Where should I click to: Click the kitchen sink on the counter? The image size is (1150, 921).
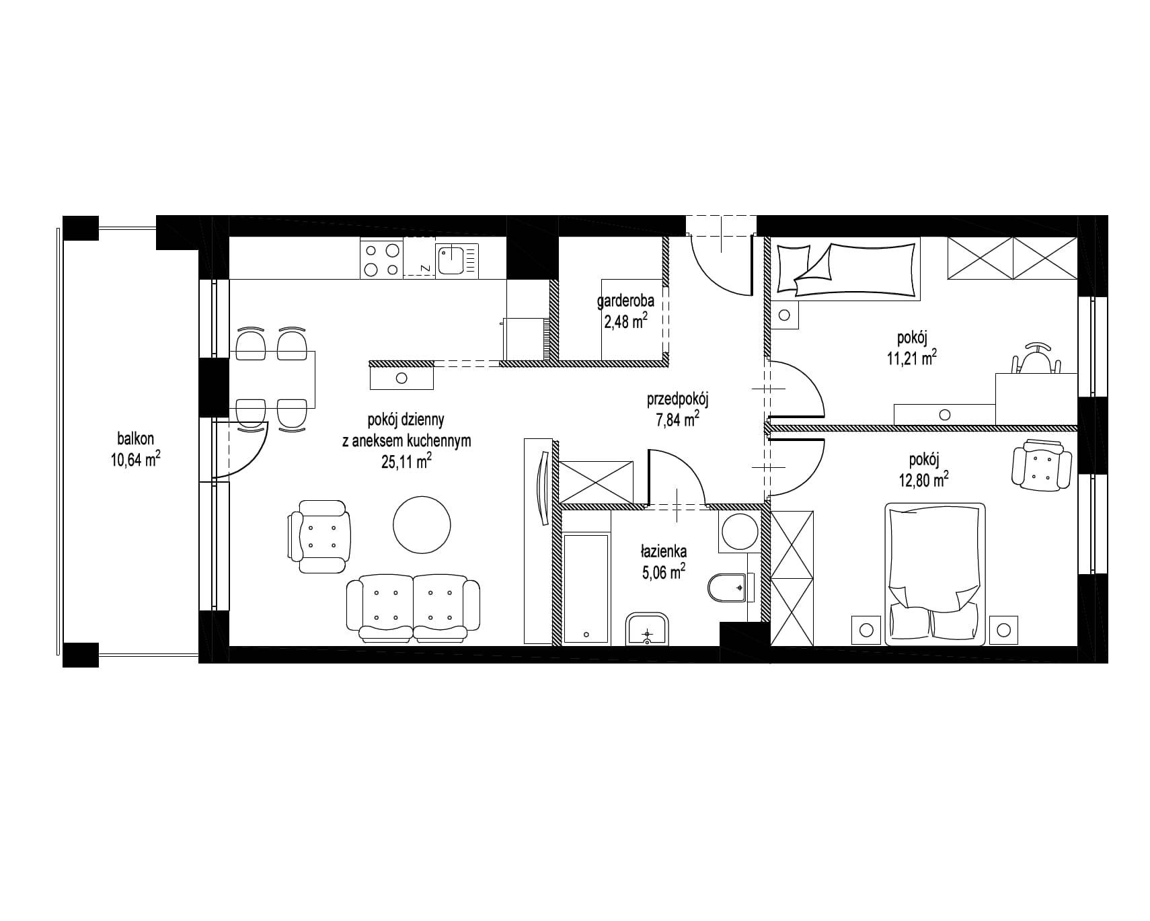(x=459, y=259)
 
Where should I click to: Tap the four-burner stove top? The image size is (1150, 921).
(x=381, y=259)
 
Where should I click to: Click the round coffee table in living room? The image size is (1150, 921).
(x=421, y=526)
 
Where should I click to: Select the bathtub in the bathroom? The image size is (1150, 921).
(x=586, y=588)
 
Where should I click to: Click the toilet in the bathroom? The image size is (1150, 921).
(x=728, y=588)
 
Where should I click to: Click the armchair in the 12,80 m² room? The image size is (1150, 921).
(x=1042, y=464)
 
